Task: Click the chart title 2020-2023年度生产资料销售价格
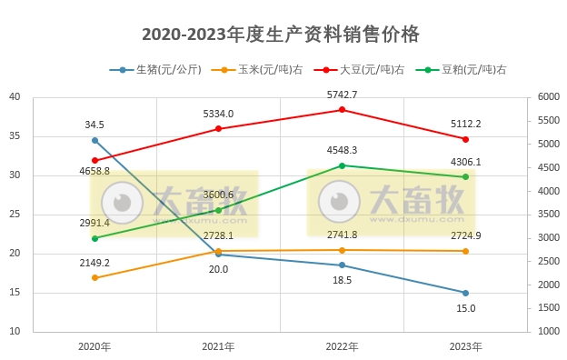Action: click(x=281, y=35)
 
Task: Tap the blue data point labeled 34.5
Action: click(x=94, y=140)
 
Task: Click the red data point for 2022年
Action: click(x=342, y=110)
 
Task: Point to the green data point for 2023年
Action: click(x=465, y=177)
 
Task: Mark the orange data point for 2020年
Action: click(x=94, y=277)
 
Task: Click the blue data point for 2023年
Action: click(x=465, y=293)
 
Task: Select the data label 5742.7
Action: click(x=342, y=95)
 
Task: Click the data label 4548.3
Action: click(x=342, y=150)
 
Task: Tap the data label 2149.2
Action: click(x=94, y=262)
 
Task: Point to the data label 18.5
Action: click(x=342, y=281)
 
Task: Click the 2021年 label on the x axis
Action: click(x=218, y=346)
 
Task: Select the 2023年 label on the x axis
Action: click(x=465, y=346)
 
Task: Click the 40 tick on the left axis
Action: click(x=15, y=97)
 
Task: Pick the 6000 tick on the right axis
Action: click(x=548, y=97)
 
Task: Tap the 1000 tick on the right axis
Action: click(x=548, y=332)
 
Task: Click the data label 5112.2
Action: click(x=465, y=124)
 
